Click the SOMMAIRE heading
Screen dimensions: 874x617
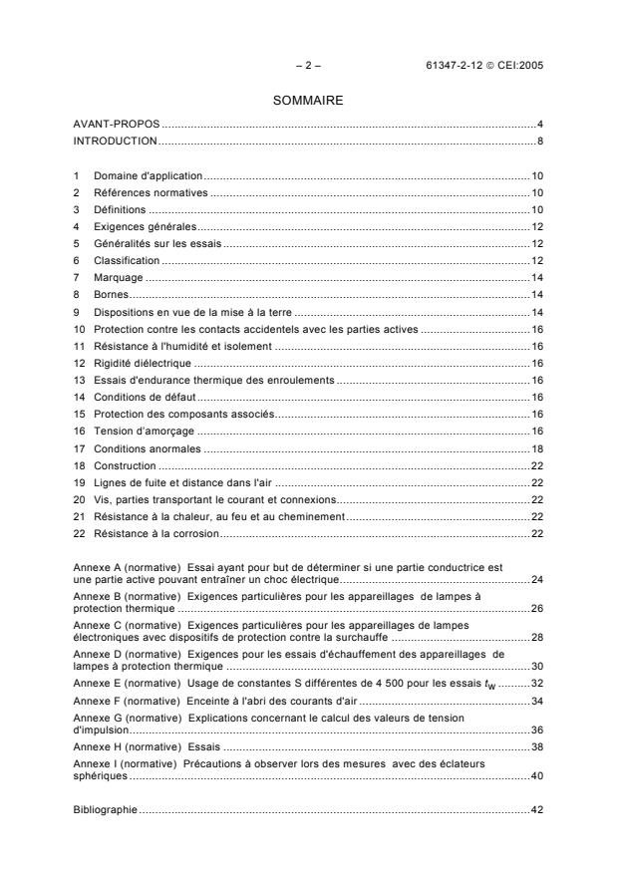click(x=308, y=101)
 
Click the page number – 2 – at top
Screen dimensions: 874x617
click(x=308, y=66)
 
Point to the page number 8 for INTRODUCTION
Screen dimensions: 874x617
click(x=539, y=141)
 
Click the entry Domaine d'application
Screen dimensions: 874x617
click(x=149, y=174)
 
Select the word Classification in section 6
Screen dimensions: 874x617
click(x=127, y=260)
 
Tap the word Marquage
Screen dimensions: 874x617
click(x=119, y=277)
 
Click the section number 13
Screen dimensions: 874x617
click(x=79, y=380)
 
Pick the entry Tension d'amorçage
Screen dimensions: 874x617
click(x=144, y=431)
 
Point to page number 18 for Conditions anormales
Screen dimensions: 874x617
click(x=536, y=447)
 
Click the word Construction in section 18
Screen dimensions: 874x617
click(x=125, y=465)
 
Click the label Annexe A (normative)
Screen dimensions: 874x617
click(x=123, y=567)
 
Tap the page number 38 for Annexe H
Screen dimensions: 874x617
click(x=536, y=744)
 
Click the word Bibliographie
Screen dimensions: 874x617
click(x=106, y=809)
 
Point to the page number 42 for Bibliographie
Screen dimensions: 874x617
click(x=536, y=809)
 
